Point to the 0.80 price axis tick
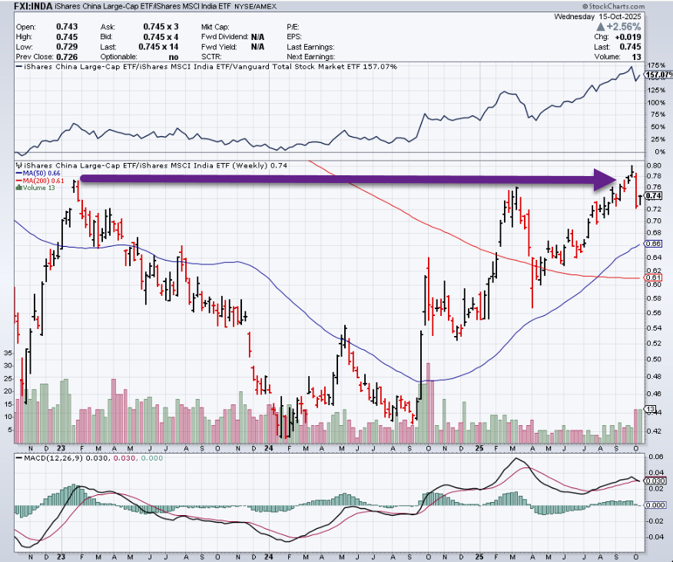pos(654,165)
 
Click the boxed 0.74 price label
pos(655,197)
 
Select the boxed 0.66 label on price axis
pos(655,244)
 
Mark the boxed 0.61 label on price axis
pos(655,278)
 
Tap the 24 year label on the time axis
pos(269,447)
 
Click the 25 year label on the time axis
pos(478,447)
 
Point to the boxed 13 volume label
pos(650,408)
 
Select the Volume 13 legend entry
pos(39,188)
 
